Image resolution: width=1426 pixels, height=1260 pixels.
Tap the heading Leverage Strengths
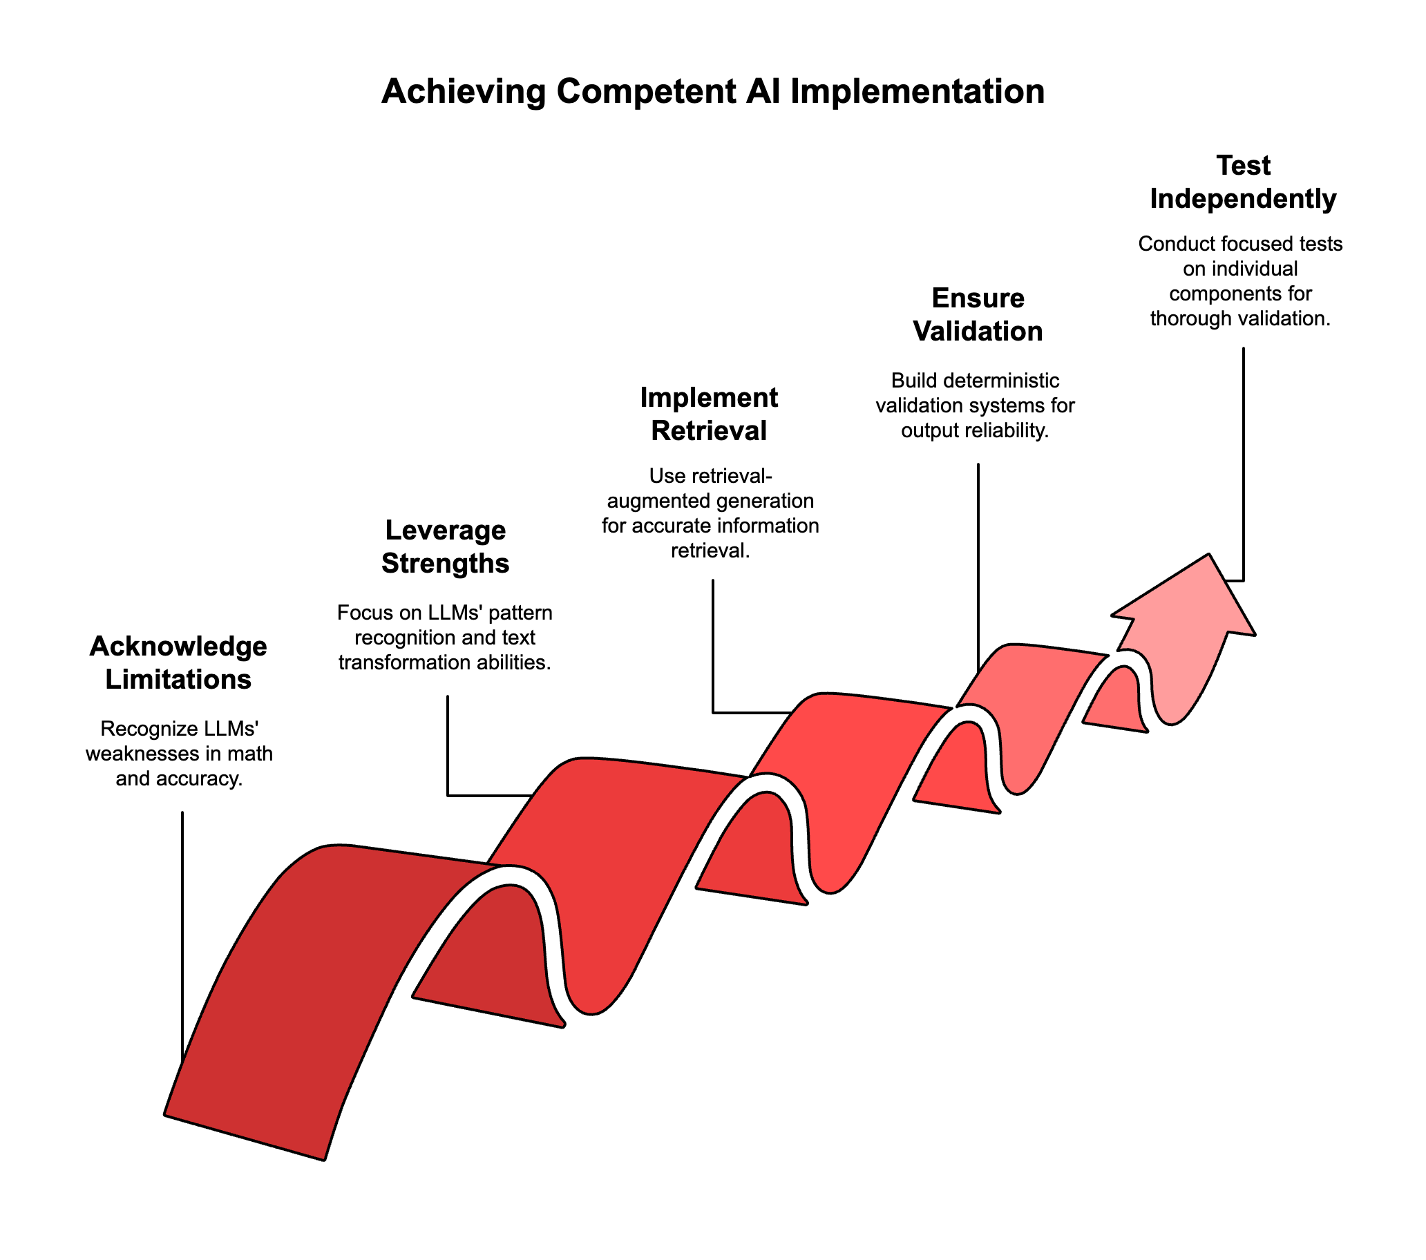(x=445, y=546)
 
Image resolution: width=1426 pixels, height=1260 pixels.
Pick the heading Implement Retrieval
(x=709, y=414)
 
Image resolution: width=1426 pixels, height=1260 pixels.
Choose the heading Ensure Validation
(x=978, y=314)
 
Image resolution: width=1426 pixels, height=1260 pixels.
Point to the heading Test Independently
(x=1242, y=182)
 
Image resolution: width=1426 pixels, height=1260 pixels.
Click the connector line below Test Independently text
(x=1243, y=461)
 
